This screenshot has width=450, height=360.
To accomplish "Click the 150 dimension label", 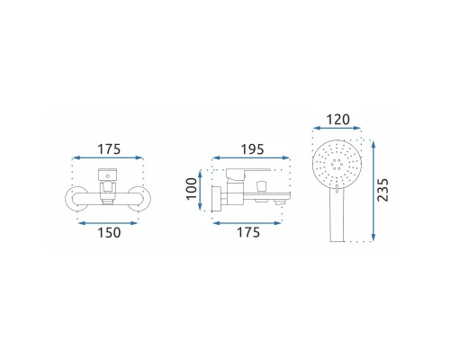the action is tap(109, 233).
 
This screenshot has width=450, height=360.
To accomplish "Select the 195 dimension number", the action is tap(252, 149).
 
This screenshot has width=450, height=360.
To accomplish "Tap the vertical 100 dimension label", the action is tap(192, 189).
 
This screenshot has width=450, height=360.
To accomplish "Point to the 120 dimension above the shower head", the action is tap(337, 120).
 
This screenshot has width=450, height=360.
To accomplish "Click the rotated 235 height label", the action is tap(382, 190).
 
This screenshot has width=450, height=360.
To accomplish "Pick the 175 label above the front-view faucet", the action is tap(109, 149).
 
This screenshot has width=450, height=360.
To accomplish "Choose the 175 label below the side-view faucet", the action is tap(248, 232).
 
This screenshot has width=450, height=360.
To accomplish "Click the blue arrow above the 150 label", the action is tap(107, 223).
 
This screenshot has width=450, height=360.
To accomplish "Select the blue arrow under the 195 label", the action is tap(251, 157).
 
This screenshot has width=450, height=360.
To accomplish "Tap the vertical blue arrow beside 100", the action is tap(200, 190).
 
